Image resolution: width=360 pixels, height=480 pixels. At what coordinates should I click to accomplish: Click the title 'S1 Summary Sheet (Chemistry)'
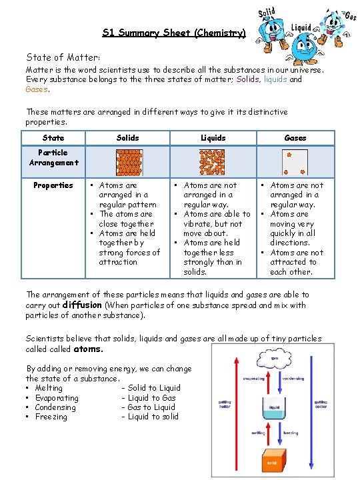[174, 32]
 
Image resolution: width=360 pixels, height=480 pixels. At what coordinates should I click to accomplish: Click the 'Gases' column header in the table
[295, 138]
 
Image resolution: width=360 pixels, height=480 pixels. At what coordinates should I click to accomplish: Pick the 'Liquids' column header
[213, 138]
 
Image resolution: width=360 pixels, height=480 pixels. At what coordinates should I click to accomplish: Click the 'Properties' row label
[53, 185]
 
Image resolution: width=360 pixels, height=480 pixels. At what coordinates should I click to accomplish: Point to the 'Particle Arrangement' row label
[53, 157]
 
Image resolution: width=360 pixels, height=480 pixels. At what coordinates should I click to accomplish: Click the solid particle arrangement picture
[129, 161]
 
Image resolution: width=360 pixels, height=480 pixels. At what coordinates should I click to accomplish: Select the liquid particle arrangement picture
[213, 161]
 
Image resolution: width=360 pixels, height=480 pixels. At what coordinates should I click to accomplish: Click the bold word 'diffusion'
[82, 305]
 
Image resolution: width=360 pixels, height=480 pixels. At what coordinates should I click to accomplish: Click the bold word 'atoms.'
[88, 349]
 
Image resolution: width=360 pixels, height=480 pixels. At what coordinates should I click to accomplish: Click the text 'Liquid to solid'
[153, 417]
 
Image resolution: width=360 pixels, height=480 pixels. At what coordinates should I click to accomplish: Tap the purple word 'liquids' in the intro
[276, 79]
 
